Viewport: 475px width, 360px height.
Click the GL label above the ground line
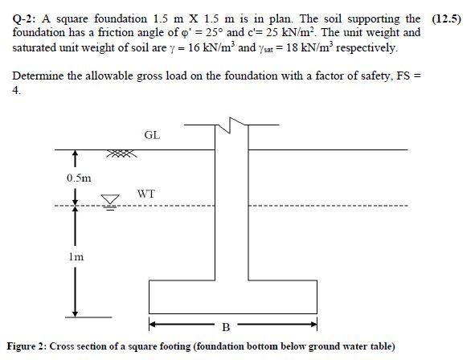pyautogui.click(x=152, y=135)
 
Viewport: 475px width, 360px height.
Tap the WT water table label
pyautogui.click(x=145, y=194)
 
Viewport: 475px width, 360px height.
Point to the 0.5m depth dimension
pyautogui.click(x=79, y=177)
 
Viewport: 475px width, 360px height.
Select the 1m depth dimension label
pyautogui.click(x=78, y=257)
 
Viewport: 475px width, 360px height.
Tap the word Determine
pyautogui.click(x=36, y=76)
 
